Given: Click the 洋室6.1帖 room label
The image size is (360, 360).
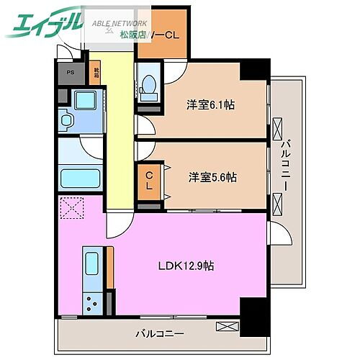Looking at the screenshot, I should click(x=211, y=104).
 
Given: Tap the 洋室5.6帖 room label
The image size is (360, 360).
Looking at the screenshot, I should click(x=212, y=177).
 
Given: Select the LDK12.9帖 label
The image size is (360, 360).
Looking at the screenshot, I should click(x=186, y=266).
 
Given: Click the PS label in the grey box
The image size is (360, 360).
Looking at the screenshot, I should click(x=70, y=73).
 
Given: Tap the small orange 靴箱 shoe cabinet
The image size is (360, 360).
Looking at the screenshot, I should click(x=96, y=73).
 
